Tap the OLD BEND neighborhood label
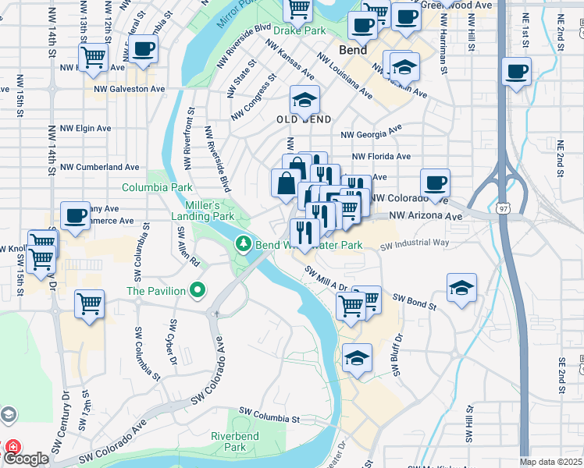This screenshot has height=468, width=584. (x=304, y=119)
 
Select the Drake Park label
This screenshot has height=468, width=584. (x=299, y=31)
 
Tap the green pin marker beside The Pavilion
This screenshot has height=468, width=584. (x=198, y=291)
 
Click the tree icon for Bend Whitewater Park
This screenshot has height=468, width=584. (x=244, y=245)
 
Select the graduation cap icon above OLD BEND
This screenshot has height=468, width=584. (x=304, y=99)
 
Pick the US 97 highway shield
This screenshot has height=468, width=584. (x=505, y=207)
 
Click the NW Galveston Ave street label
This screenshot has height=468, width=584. (x=129, y=89)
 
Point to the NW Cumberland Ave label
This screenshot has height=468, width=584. (x=100, y=167)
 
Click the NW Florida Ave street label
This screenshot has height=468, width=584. (x=381, y=156)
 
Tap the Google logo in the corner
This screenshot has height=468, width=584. (x=26, y=459)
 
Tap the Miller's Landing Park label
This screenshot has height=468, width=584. (x=203, y=210)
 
